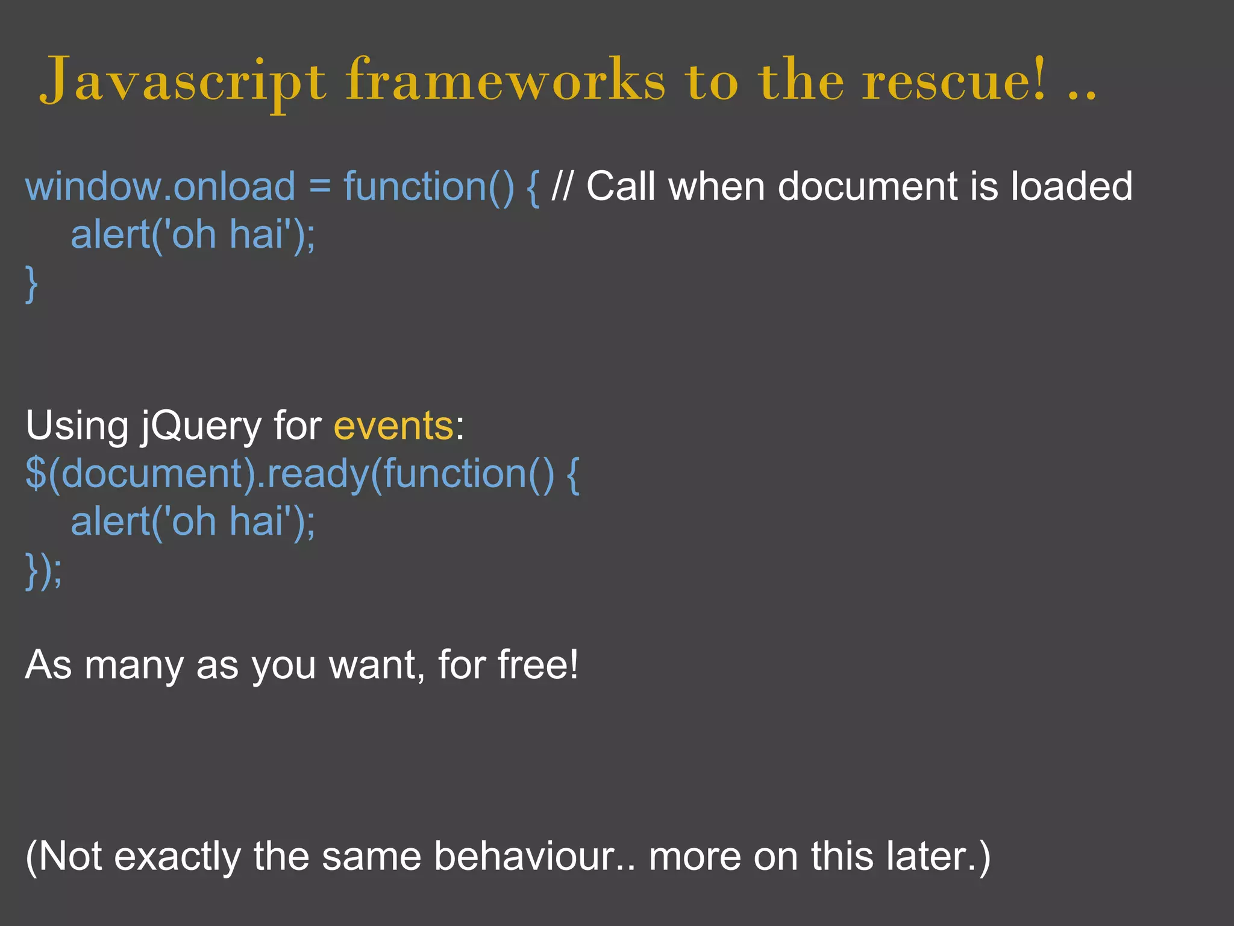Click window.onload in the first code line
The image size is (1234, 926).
click(x=160, y=186)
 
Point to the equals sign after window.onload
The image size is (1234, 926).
click(x=320, y=187)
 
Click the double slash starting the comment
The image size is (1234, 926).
click(x=562, y=186)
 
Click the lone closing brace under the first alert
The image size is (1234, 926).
click(x=31, y=284)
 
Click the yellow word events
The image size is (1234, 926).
click(x=393, y=426)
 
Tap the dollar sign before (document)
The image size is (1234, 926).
click(x=36, y=474)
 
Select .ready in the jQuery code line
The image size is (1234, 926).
click(x=313, y=474)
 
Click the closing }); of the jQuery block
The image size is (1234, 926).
click(x=43, y=570)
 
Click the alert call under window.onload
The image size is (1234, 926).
click(x=193, y=235)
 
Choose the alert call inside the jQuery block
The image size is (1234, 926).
click(x=193, y=521)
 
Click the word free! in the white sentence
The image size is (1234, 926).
click(x=538, y=665)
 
